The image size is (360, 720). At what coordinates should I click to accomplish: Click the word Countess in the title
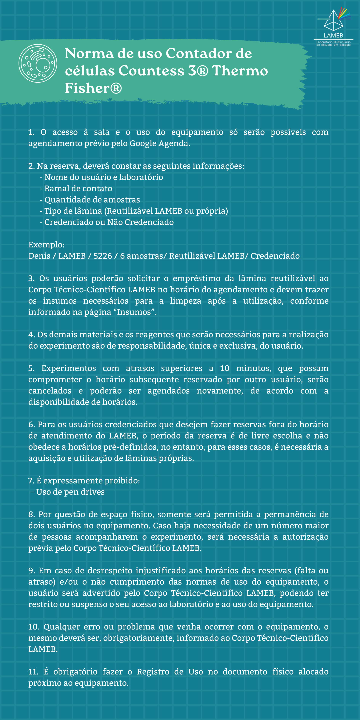pos(151,71)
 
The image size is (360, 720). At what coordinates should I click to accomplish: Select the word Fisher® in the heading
pos(93,88)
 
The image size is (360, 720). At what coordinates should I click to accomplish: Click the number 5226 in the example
pos(103,256)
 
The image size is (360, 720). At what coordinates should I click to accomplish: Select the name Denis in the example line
pos(39,256)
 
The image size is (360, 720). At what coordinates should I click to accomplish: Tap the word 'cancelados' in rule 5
pos(50,391)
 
